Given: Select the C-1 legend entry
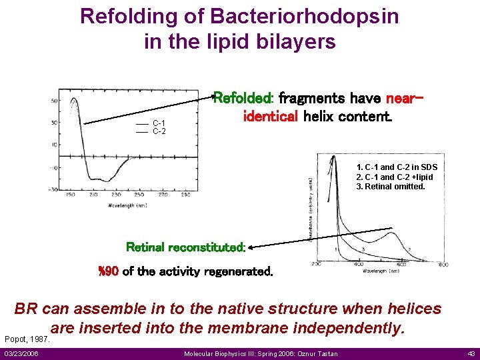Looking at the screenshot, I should point(159,123).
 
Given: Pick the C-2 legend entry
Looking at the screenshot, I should point(159,131).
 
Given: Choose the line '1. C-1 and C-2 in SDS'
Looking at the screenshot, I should point(397,167).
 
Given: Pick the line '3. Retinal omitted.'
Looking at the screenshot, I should point(391,187).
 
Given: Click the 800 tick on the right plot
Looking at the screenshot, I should point(443,265).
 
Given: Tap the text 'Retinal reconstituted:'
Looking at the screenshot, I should point(186,247).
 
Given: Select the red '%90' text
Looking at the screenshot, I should point(108,271).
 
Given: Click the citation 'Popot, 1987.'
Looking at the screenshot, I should point(27,339).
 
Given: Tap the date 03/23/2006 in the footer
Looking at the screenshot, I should point(21,353).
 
